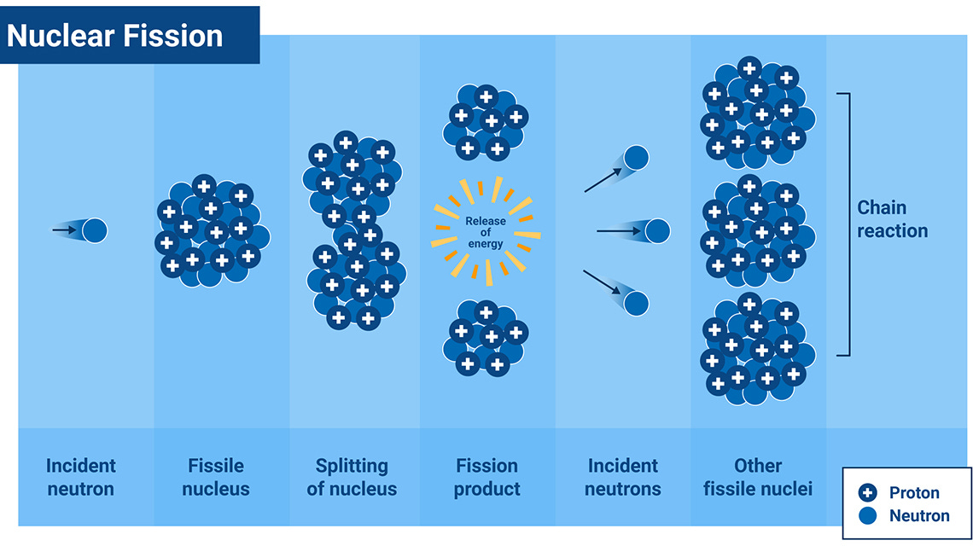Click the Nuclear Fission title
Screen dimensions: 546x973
[x=115, y=35]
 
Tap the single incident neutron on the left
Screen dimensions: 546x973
[x=94, y=229]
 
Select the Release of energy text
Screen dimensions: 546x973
[x=485, y=232]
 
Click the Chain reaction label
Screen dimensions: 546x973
[x=892, y=219]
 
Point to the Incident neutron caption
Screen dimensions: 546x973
[x=81, y=477]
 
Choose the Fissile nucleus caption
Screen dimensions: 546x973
[x=216, y=477]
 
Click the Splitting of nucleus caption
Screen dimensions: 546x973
[x=352, y=477]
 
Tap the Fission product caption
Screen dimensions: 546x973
[x=486, y=477]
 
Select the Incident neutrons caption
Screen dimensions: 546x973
[x=623, y=477]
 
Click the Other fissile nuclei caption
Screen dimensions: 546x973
[x=758, y=477]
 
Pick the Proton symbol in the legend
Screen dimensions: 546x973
[x=868, y=492]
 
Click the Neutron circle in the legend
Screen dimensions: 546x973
[x=868, y=515]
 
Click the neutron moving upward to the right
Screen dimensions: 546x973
[x=636, y=158]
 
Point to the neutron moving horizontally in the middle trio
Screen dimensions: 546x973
[x=657, y=230]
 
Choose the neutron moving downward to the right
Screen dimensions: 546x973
[x=636, y=302]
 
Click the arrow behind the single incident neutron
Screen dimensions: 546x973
[x=63, y=229]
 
